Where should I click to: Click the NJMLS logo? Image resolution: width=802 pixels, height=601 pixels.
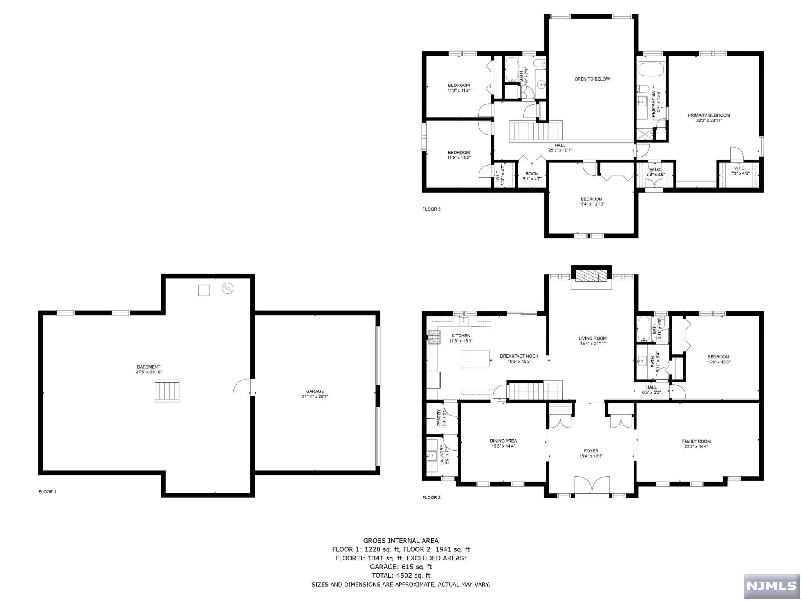(x=771, y=586)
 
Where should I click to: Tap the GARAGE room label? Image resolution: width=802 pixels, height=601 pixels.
(x=315, y=391)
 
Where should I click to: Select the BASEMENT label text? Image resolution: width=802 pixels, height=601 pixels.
(x=148, y=367)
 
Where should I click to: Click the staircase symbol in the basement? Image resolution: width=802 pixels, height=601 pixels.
(x=167, y=390)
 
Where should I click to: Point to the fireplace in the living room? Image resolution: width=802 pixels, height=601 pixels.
(x=591, y=277)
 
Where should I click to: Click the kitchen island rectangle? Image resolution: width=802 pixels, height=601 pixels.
(x=476, y=358)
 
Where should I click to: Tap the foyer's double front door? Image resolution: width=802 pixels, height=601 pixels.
(x=592, y=486)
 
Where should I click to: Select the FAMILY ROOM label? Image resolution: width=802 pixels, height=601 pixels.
(x=696, y=441)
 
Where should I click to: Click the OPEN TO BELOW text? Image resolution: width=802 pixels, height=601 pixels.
(x=592, y=79)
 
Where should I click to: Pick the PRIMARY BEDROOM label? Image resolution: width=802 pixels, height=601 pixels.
(x=709, y=115)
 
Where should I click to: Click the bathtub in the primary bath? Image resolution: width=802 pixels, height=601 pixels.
(x=651, y=70)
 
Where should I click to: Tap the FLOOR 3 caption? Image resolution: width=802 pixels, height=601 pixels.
(x=431, y=209)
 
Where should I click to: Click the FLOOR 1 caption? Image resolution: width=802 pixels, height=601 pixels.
(x=47, y=492)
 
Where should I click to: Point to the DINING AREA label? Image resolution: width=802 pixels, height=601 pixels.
(x=503, y=441)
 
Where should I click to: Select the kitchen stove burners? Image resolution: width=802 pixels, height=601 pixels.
(x=434, y=337)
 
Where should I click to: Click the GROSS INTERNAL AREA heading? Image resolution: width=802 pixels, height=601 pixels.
(x=401, y=541)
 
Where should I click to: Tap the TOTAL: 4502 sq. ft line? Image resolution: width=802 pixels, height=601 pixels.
(x=401, y=575)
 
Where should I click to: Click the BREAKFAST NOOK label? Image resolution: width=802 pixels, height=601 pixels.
(x=519, y=356)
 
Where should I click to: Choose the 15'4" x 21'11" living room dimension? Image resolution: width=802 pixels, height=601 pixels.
(x=592, y=344)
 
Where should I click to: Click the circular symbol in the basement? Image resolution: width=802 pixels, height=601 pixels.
(x=228, y=289)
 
